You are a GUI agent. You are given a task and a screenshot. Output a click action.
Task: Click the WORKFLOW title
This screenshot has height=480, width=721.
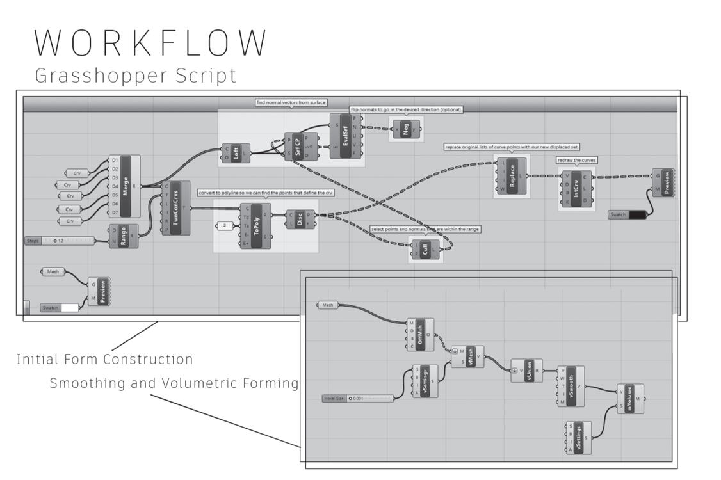coord(150,42)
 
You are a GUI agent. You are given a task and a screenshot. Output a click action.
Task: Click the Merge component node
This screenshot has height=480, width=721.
coord(125,186)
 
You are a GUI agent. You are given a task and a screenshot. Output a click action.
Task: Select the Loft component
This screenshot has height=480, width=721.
coord(236,153)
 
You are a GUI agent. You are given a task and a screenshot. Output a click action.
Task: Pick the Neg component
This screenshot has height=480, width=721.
coord(406,129)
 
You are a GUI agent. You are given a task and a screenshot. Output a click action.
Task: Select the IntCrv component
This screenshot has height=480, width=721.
coord(577,189)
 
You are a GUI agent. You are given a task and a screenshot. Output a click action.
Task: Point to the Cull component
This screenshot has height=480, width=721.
coord(425,250)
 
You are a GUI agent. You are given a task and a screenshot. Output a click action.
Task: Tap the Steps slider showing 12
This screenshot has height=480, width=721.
coord(60,241)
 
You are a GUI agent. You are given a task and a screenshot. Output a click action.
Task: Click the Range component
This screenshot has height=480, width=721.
coord(124,236)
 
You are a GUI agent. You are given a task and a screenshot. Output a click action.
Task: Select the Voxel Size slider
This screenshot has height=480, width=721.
coord(357,398)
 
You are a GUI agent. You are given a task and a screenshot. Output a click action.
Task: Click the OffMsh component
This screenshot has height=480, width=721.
coord(420,335)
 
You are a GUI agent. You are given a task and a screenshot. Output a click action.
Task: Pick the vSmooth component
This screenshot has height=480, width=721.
coord(571,386)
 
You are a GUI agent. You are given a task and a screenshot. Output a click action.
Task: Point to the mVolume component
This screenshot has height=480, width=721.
coord(630,399)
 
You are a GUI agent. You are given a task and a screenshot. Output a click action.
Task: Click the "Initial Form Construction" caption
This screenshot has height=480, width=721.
coord(104,360)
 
